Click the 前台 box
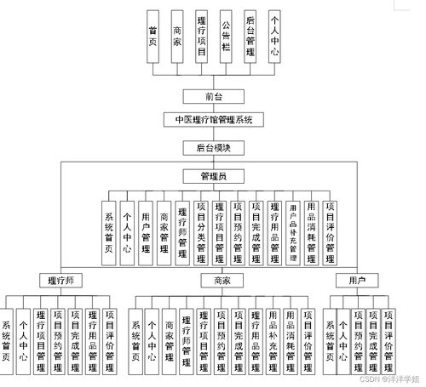click(x=214, y=95)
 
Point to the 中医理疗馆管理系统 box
click(x=214, y=120)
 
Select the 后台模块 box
click(x=214, y=147)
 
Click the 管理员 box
click(x=214, y=176)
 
